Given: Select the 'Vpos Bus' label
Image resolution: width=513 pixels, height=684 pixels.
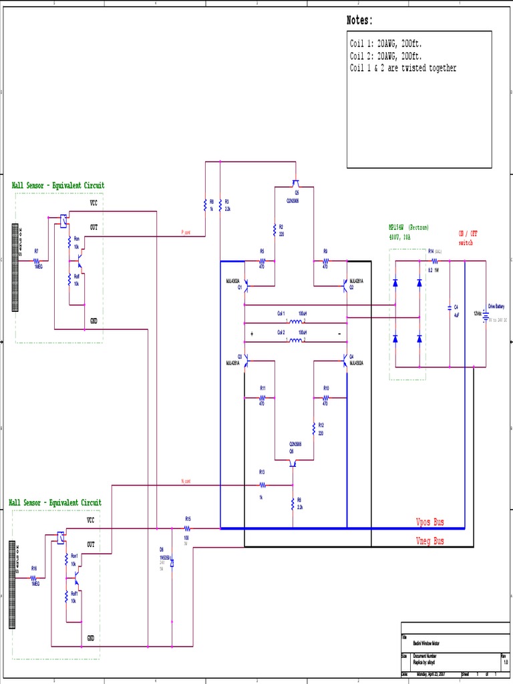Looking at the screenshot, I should (430, 522).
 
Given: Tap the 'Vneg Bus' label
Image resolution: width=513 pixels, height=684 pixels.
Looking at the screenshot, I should (430, 541).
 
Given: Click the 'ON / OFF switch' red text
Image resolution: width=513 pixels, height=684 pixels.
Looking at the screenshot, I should (468, 238).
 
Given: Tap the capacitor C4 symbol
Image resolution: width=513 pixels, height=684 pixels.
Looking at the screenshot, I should (450, 309).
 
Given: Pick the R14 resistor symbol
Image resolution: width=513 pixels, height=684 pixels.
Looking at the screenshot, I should (434, 261).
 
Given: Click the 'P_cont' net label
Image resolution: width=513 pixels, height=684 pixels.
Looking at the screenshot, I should (186, 232).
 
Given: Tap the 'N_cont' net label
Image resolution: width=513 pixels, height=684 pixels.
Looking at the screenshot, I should (186, 482).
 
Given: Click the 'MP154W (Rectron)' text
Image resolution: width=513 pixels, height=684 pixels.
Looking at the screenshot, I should (408, 227).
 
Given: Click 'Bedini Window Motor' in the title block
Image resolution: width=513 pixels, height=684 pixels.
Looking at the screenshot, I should (426, 643).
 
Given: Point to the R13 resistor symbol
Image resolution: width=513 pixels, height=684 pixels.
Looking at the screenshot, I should (262, 485).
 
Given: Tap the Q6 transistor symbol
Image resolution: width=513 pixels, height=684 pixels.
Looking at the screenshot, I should (293, 461).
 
